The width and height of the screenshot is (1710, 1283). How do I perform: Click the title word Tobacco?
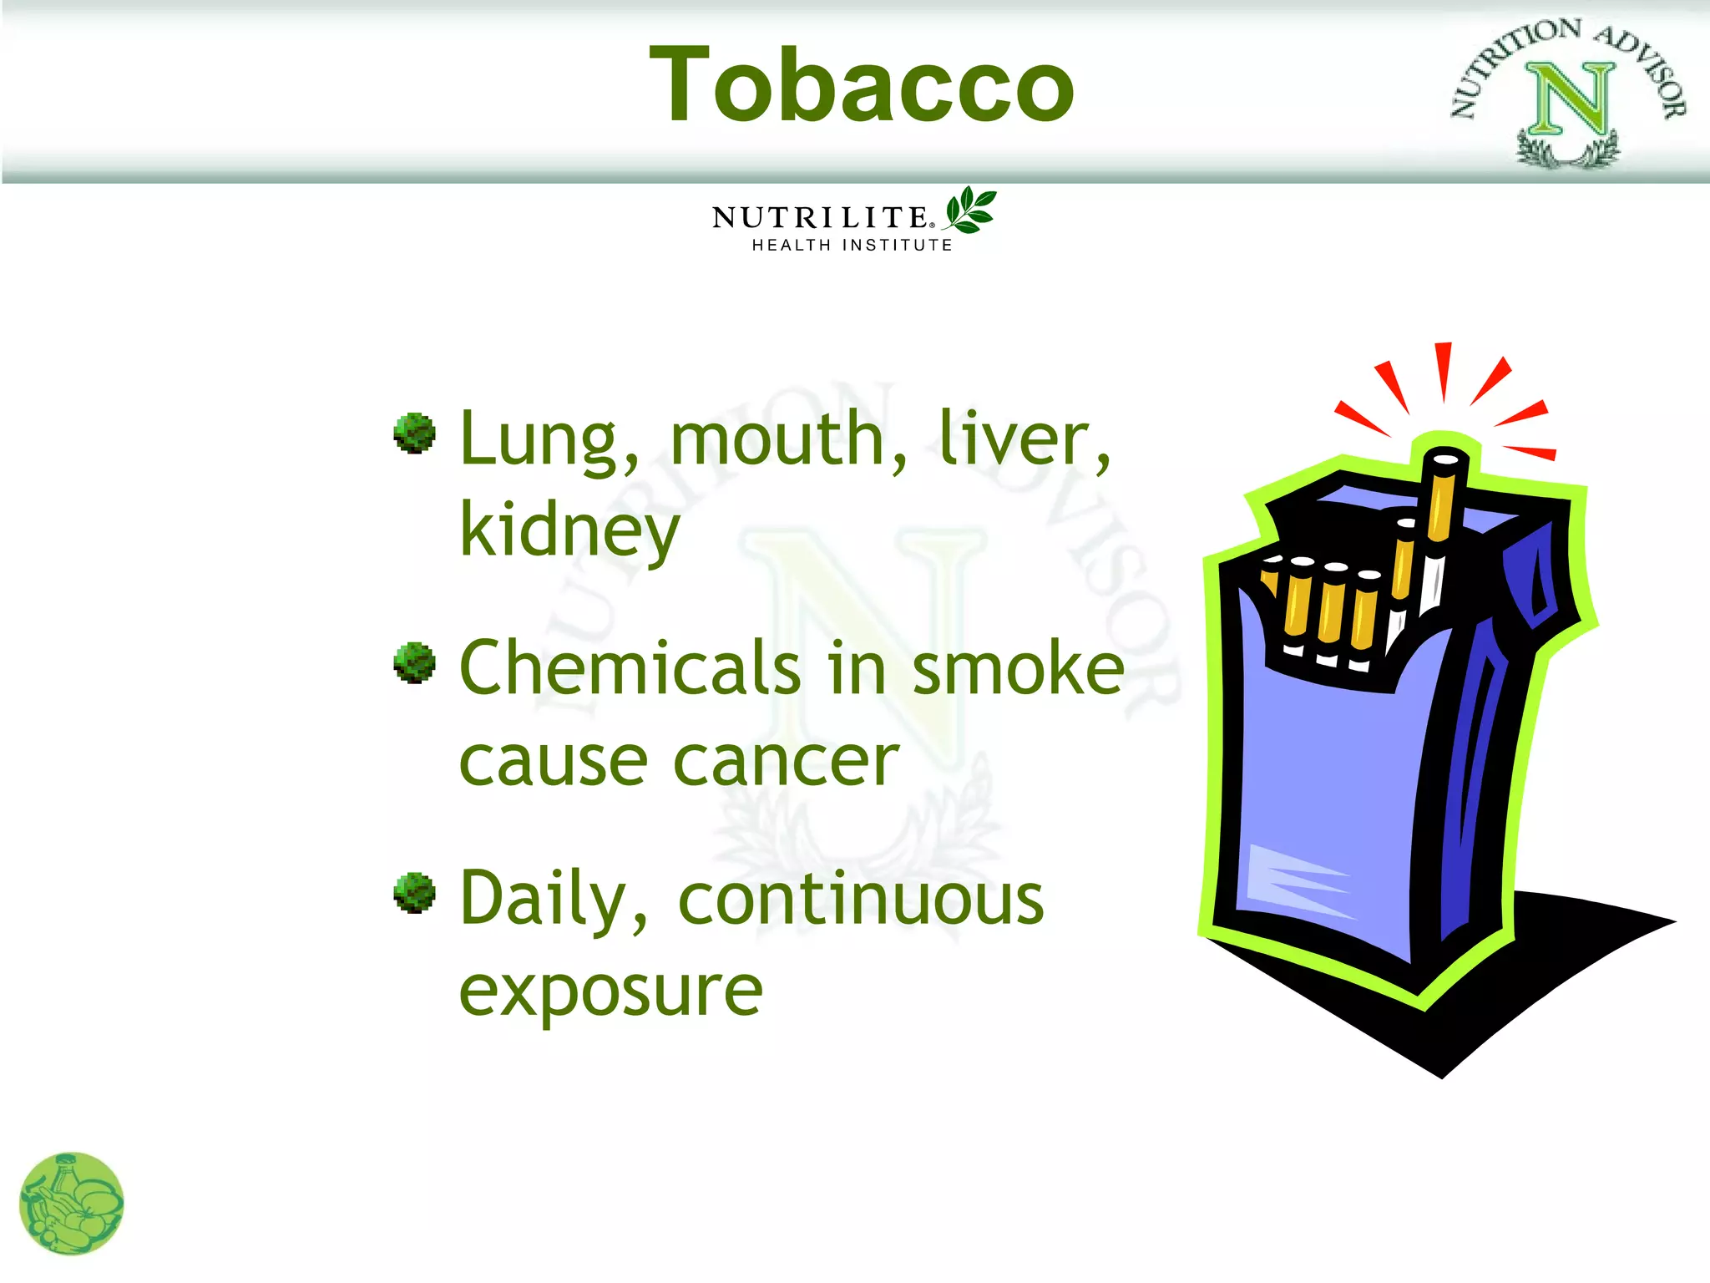pyautogui.click(x=861, y=84)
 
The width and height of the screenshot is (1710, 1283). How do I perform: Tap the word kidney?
pyautogui.click(x=569, y=530)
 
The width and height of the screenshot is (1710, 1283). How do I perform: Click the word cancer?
pyautogui.click(x=786, y=761)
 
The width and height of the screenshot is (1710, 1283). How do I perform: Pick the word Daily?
pyautogui.click(x=544, y=900)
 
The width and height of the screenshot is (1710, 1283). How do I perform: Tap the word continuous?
pyautogui.click(x=861, y=900)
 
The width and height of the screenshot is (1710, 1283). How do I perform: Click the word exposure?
pyautogui.click(x=611, y=991)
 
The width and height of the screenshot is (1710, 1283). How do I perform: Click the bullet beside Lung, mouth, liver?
pyautogui.click(x=415, y=433)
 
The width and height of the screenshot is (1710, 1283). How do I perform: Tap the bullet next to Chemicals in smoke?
pyautogui.click(x=415, y=663)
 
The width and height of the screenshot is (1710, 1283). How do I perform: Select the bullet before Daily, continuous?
pyautogui.click(x=415, y=893)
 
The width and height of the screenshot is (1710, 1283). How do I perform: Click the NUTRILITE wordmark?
pyautogui.click(x=819, y=218)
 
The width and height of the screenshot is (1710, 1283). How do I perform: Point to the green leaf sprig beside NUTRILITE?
pyautogui.click(x=970, y=210)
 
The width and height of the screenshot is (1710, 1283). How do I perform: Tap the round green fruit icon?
pyautogui.click(x=72, y=1204)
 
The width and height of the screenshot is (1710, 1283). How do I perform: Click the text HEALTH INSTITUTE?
pyautogui.click(x=852, y=246)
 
